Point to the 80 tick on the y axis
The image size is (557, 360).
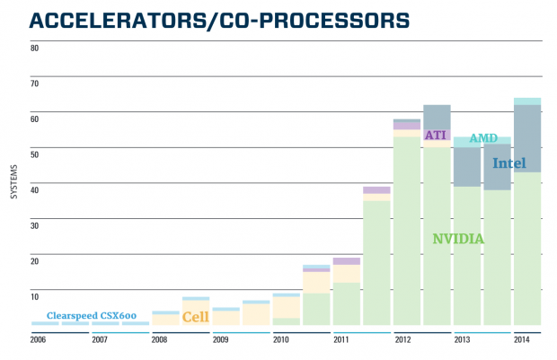(35, 48)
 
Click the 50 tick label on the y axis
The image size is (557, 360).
(35, 154)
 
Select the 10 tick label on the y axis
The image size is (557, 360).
(35, 296)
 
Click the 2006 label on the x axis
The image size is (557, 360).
(38, 340)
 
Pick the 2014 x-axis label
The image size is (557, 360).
(521, 340)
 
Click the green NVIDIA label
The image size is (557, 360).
(458, 239)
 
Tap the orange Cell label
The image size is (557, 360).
(196, 317)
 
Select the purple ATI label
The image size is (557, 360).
(436, 135)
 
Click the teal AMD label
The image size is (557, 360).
(483, 138)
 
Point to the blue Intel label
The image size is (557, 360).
(508, 163)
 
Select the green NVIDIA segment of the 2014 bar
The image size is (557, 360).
(527, 251)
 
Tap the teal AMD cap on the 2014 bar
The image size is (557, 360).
(527, 101)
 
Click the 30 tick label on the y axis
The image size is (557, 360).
(35, 225)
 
